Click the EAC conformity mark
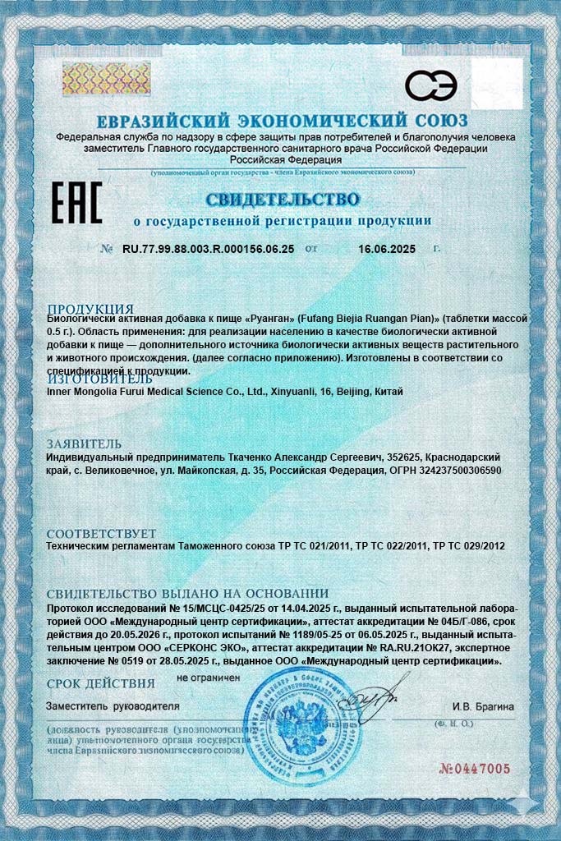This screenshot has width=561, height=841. (77, 202)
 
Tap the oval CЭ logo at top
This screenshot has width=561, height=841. (431, 85)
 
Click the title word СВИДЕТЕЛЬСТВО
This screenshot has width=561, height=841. (282, 200)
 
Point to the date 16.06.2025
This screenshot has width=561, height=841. (387, 249)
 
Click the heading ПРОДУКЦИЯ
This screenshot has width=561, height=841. (90, 309)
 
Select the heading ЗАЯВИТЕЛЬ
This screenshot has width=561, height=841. (85, 443)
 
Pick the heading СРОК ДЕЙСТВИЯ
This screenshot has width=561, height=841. (100, 682)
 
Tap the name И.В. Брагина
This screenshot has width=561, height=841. (483, 706)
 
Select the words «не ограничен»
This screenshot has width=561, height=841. (208, 678)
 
